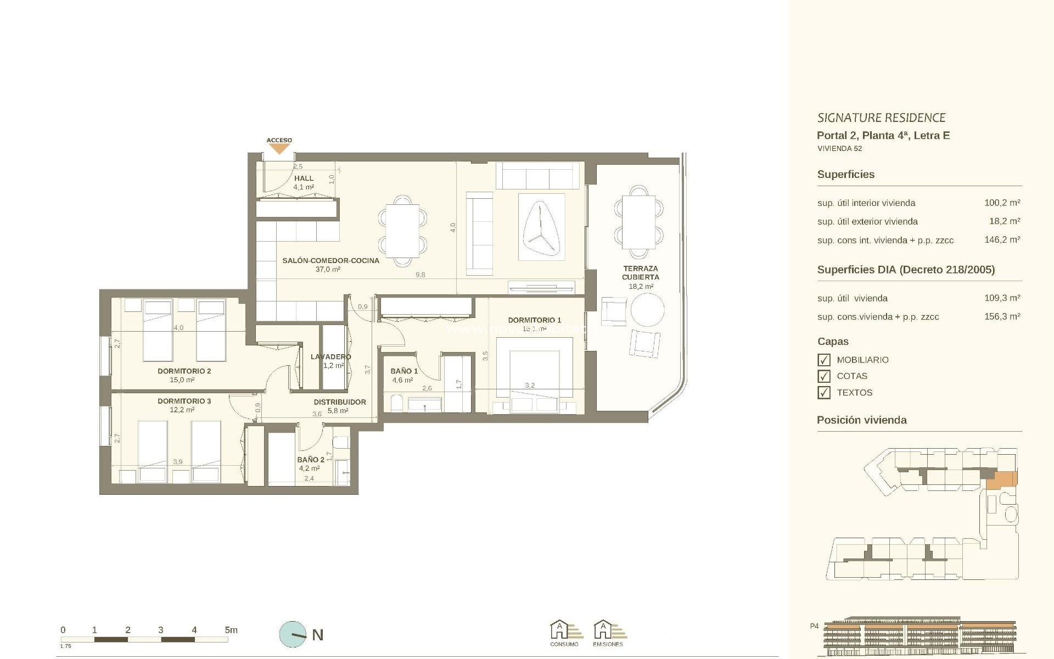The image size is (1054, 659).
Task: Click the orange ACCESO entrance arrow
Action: pos(279,148)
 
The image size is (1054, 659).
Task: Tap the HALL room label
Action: pos(304,178)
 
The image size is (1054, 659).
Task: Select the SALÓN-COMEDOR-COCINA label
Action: pos(330,260)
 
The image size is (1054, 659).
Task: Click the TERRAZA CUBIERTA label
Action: pos(640,272)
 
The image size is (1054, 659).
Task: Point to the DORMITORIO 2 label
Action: pos(184,371)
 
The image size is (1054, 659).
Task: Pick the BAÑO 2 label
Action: pos(310,460)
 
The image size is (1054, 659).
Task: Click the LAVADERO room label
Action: pos(330,357)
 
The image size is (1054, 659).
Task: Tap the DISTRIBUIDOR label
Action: pos(340,402)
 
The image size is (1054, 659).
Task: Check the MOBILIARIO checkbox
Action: pos(823,360)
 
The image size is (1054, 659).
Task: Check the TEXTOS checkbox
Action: pos(823,393)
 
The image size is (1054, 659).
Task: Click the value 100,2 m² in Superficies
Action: pos(1002,203)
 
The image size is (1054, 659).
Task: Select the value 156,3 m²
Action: pos(1002,316)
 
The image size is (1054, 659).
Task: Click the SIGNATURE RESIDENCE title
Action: pos(881,118)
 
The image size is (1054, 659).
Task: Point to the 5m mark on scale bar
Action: pos(231,630)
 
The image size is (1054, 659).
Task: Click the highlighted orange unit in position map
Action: pos(1002,480)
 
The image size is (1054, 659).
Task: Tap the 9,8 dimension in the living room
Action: pos(420,275)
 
